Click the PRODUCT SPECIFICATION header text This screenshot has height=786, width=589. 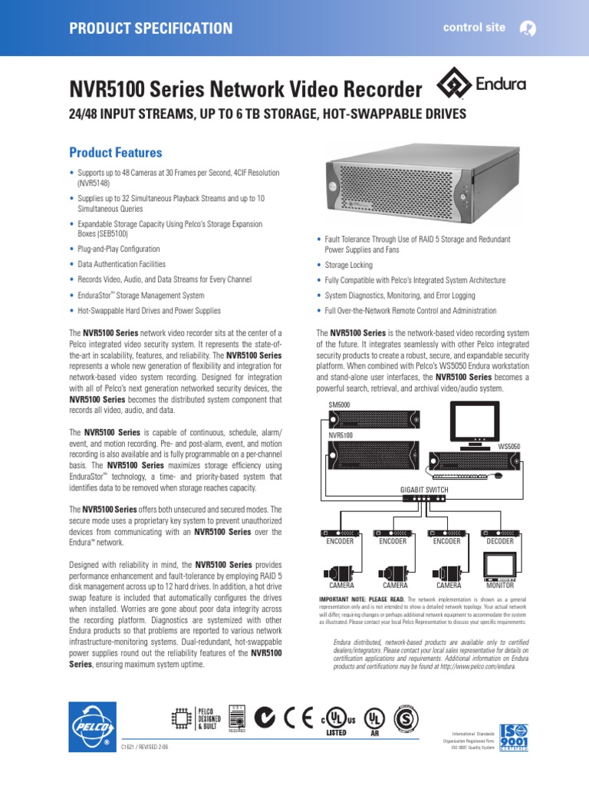151,28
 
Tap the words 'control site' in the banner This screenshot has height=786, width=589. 474,28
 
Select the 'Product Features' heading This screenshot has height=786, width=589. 116,153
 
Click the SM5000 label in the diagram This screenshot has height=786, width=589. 340,405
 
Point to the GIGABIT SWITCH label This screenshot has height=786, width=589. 424,488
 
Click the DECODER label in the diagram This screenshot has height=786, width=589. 499,541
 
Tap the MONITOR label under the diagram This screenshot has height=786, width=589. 499,585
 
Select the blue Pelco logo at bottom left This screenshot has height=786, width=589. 92,726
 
